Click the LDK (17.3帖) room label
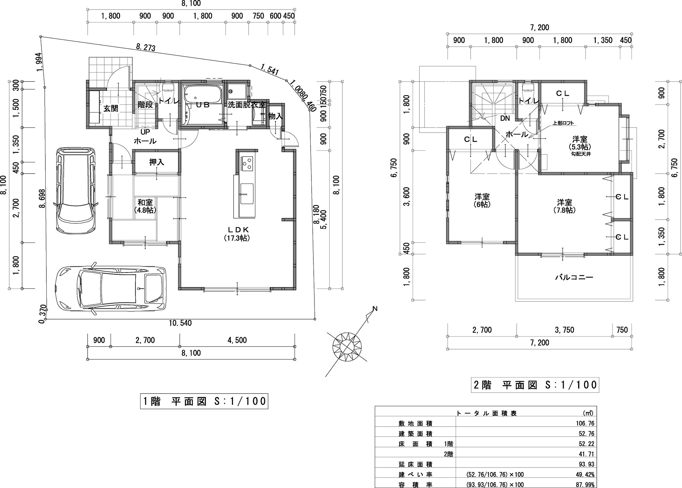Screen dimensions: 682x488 click(237, 234)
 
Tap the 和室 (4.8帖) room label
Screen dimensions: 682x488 click(145, 206)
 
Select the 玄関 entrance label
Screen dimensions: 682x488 click(111, 108)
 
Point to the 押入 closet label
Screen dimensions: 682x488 click(157, 162)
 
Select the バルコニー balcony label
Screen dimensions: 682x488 click(574, 277)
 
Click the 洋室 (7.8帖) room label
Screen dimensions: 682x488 click(564, 206)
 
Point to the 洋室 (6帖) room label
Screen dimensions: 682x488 click(482, 201)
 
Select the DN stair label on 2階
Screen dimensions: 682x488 click(505, 118)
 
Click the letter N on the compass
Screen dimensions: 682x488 click(375, 309)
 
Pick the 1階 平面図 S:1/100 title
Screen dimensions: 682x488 click(204, 401)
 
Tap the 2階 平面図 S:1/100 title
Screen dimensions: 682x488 click(535, 385)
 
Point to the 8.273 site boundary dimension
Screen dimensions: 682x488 click(146, 47)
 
